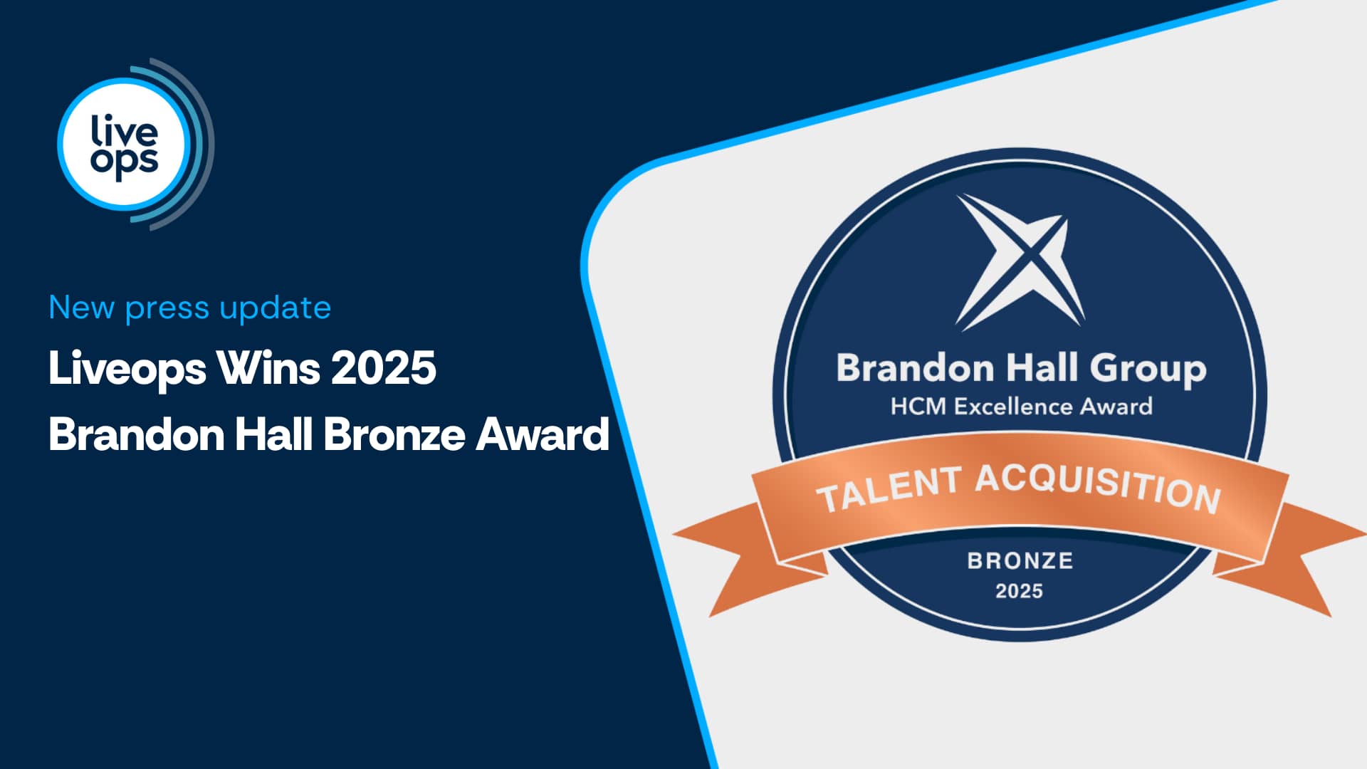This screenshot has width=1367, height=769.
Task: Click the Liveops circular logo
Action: coord(135,144)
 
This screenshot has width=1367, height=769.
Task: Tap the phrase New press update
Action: coord(190,308)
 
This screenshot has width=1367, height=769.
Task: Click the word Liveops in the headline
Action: coord(127,369)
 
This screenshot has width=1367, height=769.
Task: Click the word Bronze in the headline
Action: coord(394,434)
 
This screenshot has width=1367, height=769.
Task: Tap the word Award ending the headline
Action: coord(543,434)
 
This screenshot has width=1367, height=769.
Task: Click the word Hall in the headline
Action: coord(273,434)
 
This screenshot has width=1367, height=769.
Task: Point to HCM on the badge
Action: coord(918,407)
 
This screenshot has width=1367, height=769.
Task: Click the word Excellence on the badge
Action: coord(1013,407)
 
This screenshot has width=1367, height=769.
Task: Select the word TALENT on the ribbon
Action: coord(889,489)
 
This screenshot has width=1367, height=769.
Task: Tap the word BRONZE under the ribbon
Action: coord(1020,561)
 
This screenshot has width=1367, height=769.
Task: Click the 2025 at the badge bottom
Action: coord(1019,591)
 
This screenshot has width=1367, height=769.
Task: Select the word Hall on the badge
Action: coord(1042,368)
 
